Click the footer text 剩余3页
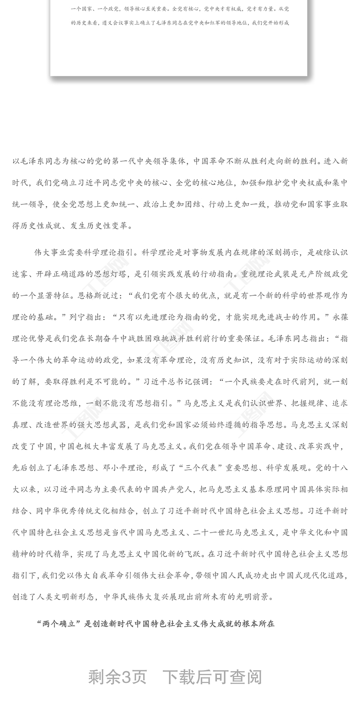(118, 676)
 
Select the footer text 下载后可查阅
(212, 676)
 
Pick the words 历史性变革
(103, 226)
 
